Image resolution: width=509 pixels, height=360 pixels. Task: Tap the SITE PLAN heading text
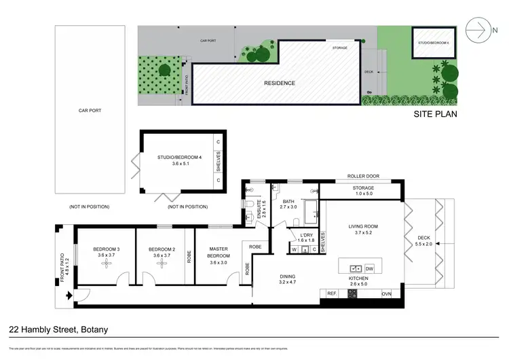click(x=435, y=114)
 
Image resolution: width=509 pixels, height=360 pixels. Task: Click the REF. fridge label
click(x=332, y=293)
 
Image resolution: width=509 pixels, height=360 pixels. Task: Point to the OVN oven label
click(x=386, y=293)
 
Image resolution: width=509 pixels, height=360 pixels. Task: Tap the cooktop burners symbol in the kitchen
click(x=352, y=293)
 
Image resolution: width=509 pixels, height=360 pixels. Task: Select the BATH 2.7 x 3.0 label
click(x=288, y=206)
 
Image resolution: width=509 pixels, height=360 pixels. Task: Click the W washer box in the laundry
click(x=294, y=249)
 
